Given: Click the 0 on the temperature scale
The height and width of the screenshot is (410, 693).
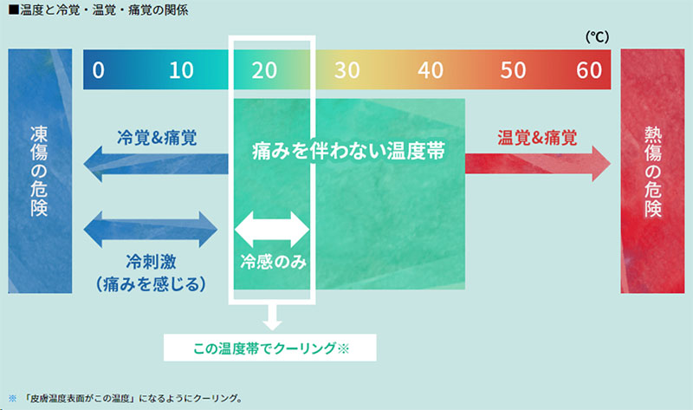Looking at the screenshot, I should click(98, 70).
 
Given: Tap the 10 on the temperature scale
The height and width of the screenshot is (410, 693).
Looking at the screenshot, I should click(181, 70).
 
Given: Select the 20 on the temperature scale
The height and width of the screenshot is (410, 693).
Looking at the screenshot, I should click(263, 70).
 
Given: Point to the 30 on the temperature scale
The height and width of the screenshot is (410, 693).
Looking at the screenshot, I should click(346, 70).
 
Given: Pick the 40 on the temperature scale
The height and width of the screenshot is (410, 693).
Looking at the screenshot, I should click(430, 70).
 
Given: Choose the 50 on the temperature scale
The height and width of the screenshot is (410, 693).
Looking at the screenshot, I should click(512, 70).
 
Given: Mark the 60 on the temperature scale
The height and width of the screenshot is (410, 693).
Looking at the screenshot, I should click(589, 70).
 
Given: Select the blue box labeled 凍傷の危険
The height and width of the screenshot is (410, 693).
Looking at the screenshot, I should click(39, 172).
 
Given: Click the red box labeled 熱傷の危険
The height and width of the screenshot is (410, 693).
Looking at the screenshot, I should click(652, 172).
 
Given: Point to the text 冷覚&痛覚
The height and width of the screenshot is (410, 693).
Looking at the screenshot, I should click(157, 137).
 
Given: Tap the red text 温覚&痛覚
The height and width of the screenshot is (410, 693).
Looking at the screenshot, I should click(538, 137).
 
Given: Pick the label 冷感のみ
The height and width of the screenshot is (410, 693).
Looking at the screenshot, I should click(272, 259).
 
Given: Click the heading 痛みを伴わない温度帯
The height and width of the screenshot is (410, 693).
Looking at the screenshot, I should click(347, 151).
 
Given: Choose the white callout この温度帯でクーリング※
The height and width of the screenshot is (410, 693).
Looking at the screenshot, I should click(270, 348).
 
